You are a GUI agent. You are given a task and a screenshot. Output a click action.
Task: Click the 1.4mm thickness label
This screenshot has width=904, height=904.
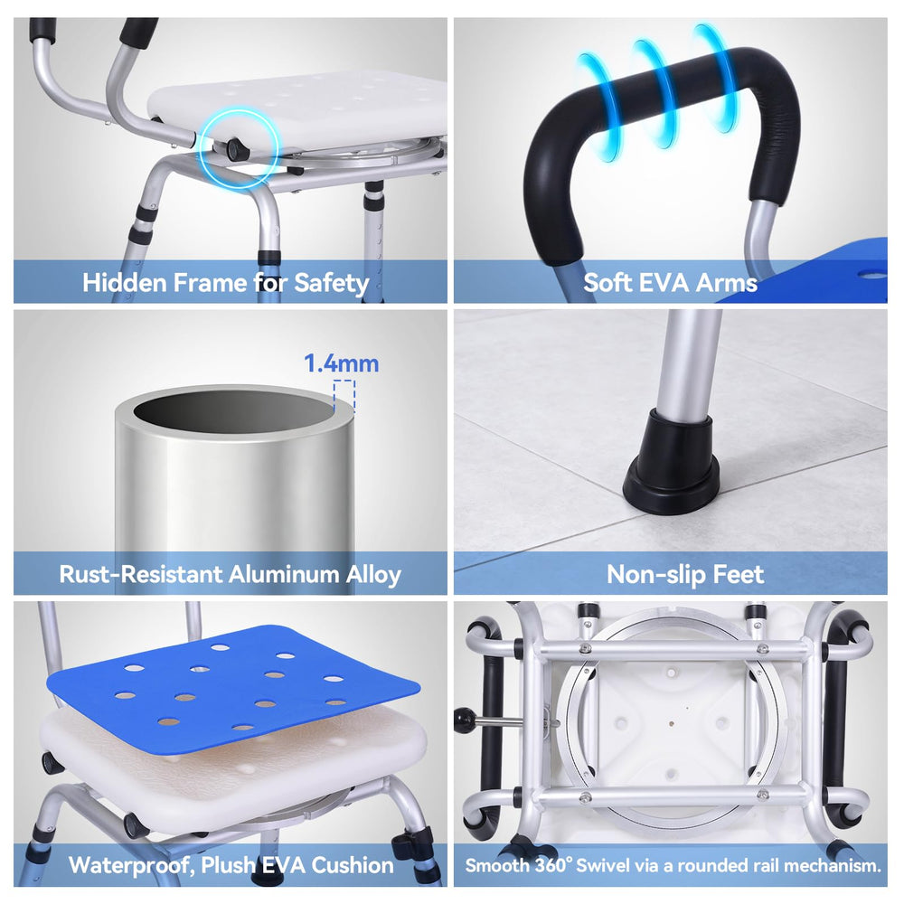coord(342,363)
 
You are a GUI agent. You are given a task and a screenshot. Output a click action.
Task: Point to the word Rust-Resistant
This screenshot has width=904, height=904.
coord(141,574)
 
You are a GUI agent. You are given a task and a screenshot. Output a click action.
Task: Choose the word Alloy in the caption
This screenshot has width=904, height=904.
coord(373,575)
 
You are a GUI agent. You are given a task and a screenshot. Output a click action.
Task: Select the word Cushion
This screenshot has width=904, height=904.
coord(353,865)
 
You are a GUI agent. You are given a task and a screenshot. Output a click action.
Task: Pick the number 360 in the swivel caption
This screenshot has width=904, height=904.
coord(552,865)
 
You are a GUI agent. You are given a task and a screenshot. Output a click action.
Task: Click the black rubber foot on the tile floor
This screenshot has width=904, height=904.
coord(673,462)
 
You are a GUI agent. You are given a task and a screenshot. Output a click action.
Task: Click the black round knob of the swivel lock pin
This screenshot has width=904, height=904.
coord(465,720)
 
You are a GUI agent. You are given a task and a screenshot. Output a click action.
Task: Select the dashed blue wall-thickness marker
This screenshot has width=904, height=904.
coord(344,396)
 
